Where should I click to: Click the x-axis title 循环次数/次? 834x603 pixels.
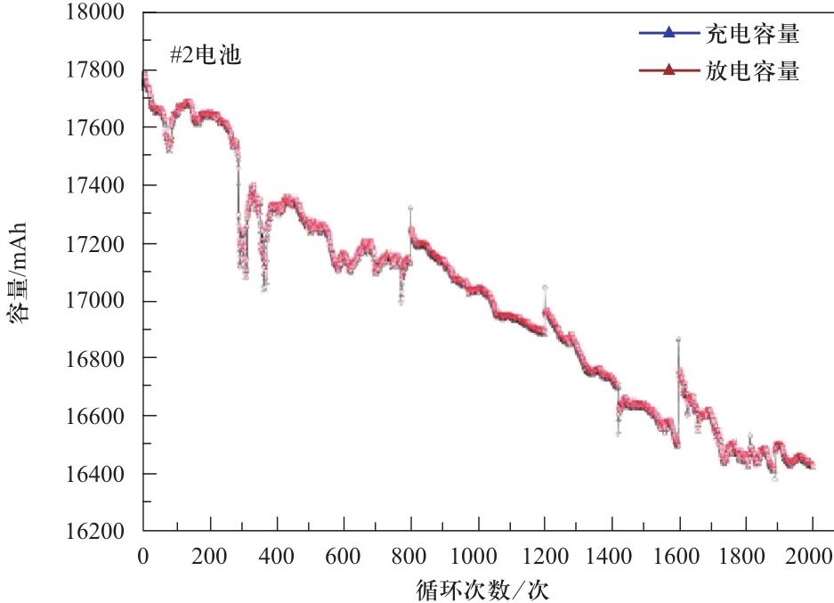pos(489,587)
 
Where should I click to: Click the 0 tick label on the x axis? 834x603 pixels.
pos(142,558)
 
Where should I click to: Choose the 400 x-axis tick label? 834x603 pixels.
pos(277,558)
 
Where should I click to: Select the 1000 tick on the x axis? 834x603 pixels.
pos(478,558)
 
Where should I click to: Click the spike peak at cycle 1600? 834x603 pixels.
pos(678,339)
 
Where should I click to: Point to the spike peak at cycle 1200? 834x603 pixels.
pos(545,288)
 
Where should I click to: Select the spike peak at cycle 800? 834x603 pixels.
pos(410,208)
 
